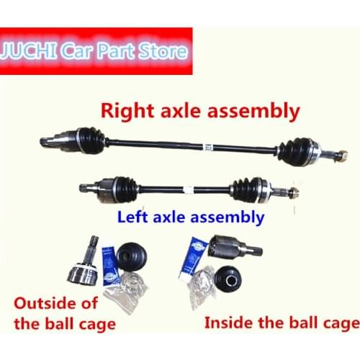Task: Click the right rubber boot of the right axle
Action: pyautogui.click(x=297, y=150)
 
